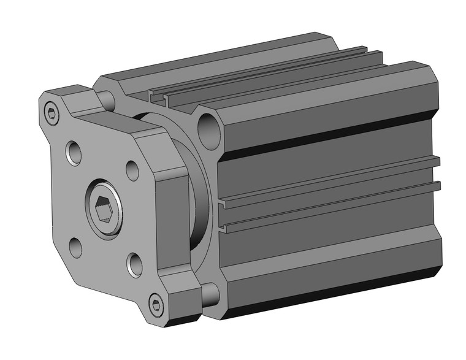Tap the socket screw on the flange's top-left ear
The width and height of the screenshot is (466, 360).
coord(52,112)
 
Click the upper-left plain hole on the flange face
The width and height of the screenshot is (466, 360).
coord(75,153)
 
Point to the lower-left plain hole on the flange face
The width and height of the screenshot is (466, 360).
coord(75,248)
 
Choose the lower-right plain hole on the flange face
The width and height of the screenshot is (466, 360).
coord(134,264)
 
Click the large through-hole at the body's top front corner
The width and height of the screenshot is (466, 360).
coord(210,128)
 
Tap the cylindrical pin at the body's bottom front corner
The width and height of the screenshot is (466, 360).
coord(210,294)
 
